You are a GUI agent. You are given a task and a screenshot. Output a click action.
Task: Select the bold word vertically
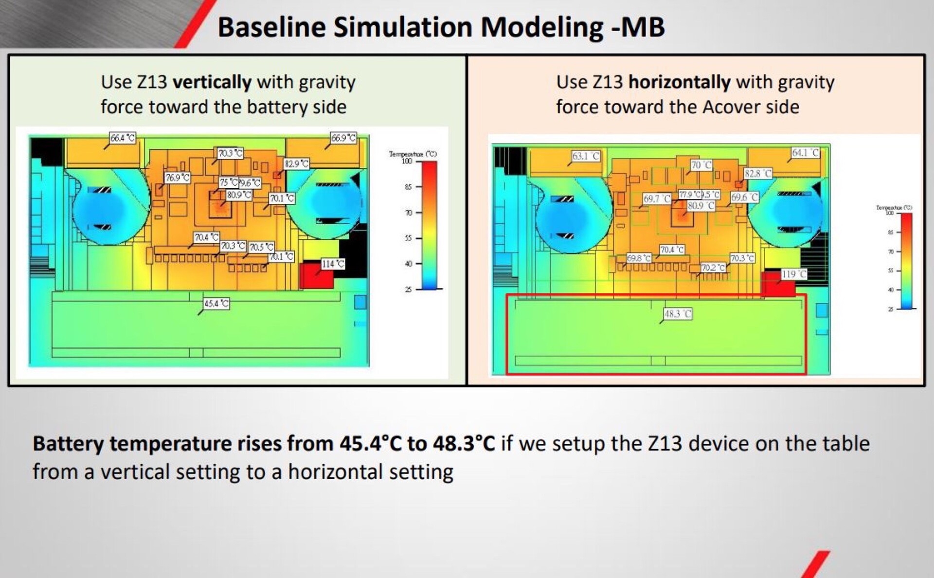(212, 82)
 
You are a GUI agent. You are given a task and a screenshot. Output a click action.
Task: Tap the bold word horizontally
(679, 82)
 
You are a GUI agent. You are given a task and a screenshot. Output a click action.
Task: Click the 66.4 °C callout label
(122, 138)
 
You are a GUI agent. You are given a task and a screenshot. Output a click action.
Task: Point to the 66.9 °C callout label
(343, 138)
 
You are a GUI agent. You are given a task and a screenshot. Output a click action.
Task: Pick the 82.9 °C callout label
(296, 164)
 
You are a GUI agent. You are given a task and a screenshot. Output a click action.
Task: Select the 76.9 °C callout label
(177, 178)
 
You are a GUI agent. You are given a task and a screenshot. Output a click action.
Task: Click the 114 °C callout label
(333, 264)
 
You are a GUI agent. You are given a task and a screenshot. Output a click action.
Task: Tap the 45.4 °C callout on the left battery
(216, 304)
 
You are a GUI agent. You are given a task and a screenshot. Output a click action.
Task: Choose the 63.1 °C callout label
(586, 156)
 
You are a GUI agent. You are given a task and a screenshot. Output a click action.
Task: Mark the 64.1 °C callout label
(806, 153)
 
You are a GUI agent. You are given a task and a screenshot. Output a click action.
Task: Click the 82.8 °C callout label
(758, 174)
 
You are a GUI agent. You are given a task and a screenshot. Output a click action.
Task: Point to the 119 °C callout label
(794, 274)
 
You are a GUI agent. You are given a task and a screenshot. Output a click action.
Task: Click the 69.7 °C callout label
(657, 199)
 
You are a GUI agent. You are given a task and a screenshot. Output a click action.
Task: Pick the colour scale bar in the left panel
(429, 225)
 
